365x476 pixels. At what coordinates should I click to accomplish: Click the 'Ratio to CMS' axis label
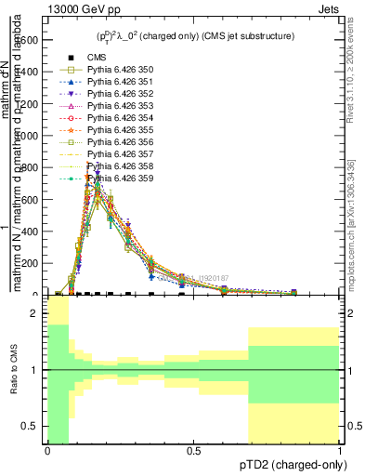point(13,382)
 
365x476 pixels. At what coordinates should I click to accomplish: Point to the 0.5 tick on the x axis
point(193,452)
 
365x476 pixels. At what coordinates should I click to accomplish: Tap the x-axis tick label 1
point(340,452)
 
